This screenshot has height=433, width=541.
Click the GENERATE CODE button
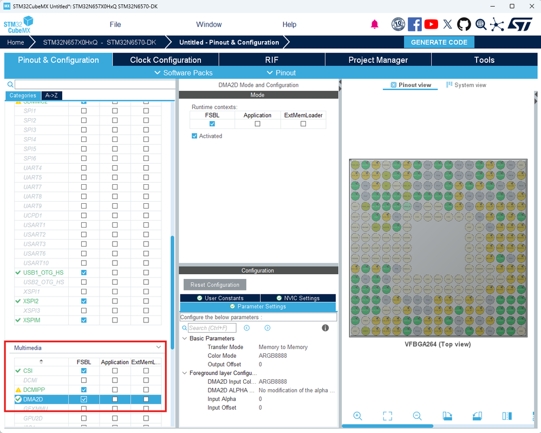(x=439, y=42)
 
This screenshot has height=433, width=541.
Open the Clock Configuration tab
(x=165, y=60)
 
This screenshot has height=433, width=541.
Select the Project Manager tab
(x=378, y=60)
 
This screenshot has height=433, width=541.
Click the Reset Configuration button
(x=214, y=285)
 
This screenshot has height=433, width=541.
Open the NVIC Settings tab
(x=298, y=298)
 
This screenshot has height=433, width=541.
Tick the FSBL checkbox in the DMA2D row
(x=83, y=399)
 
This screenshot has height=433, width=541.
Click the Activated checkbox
(x=194, y=136)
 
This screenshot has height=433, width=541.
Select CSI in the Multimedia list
(x=28, y=371)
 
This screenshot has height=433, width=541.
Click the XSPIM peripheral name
(x=31, y=320)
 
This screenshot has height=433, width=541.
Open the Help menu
(x=289, y=24)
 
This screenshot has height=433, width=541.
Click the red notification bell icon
(x=374, y=24)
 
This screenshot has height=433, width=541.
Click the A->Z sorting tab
(x=51, y=95)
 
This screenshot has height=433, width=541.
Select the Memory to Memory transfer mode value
(x=283, y=347)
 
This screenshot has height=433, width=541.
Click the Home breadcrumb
(x=16, y=42)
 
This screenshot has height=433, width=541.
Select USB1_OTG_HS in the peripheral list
(x=43, y=272)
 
